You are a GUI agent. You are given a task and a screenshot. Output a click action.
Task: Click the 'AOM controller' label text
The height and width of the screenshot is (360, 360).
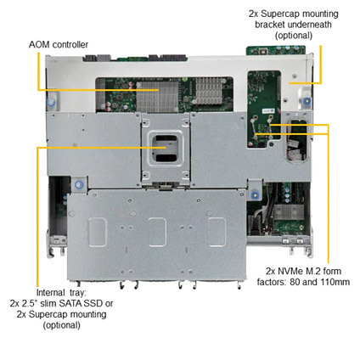(59, 44)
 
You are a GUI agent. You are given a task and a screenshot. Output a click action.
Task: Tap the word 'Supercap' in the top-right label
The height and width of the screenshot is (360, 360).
(281, 14)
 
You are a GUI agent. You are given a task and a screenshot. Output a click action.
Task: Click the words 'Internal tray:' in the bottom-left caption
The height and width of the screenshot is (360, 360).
(59, 292)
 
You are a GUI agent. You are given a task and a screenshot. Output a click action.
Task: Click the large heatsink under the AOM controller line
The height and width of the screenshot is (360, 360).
(158, 96)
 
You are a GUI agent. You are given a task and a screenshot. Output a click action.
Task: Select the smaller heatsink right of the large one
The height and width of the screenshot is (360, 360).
(209, 90)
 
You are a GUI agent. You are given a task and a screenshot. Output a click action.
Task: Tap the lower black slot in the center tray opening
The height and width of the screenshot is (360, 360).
(166, 158)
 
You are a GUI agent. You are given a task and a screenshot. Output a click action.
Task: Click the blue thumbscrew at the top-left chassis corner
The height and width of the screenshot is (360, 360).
(51, 103)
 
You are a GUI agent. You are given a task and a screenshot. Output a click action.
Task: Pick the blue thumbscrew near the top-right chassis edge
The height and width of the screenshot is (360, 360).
(307, 101)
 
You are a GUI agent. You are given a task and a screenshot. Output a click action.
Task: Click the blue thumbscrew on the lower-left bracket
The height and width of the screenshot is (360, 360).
(78, 185)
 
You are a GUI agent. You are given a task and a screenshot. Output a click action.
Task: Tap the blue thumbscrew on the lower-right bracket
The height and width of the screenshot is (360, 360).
(256, 195)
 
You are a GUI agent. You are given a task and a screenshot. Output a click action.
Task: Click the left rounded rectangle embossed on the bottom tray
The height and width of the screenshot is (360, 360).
(98, 232)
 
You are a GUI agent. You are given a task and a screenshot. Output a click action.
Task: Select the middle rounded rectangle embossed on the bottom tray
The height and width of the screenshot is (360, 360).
(157, 232)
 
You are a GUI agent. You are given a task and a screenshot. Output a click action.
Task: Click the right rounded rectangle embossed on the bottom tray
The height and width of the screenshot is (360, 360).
(217, 232)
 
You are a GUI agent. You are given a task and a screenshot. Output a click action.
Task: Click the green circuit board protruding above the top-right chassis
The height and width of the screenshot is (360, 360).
(276, 50)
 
